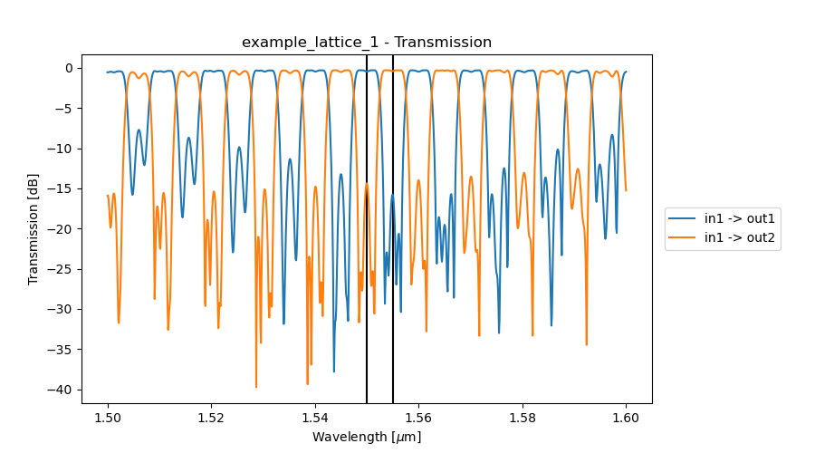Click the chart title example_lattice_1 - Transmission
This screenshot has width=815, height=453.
(367, 43)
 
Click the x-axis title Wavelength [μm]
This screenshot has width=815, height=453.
(367, 437)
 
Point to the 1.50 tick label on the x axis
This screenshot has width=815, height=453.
(108, 418)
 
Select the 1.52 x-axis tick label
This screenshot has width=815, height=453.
(211, 418)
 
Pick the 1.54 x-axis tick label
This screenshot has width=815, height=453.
(315, 418)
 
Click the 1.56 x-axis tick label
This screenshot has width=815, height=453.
(418, 418)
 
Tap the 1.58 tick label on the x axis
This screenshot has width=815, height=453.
(523, 418)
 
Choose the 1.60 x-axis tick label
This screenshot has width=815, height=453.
(626, 418)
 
